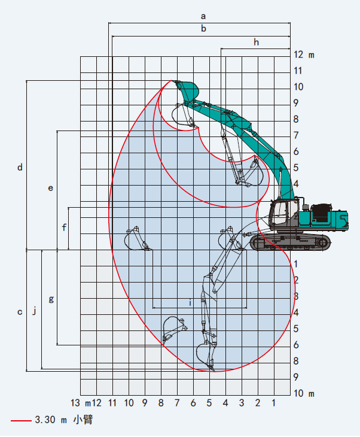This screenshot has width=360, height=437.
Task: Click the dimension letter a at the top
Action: [203, 16]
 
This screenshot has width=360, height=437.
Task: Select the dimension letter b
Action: [203, 28]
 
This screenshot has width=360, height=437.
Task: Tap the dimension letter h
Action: [256, 42]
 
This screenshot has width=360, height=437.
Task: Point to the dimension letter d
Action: [20, 167]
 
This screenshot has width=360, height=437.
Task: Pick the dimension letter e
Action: [50, 188]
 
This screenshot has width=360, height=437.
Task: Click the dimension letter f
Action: [64, 227]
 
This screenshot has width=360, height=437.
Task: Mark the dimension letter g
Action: [51, 299]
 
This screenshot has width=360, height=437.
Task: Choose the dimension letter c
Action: [20, 312]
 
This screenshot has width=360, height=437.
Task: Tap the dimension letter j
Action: [35, 310]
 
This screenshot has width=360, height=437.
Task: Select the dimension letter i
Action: [190, 302]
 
